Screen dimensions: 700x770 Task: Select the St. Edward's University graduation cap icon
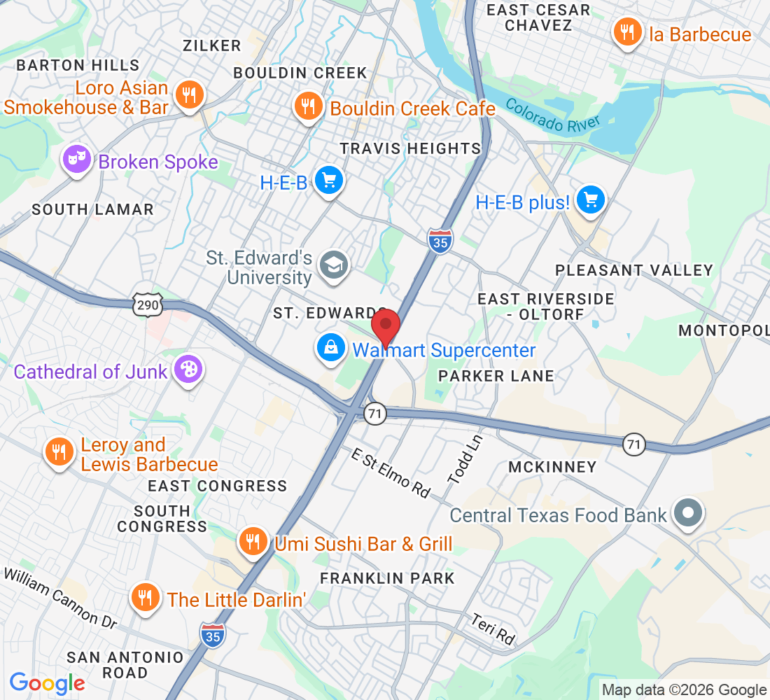(334, 265)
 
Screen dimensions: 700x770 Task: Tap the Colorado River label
(553, 116)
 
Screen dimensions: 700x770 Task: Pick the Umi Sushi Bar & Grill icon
(253, 541)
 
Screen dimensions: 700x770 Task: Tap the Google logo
(47, 682)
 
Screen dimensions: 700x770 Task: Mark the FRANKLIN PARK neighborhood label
(387, 578)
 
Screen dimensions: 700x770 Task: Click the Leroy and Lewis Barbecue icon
(60, 453)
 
